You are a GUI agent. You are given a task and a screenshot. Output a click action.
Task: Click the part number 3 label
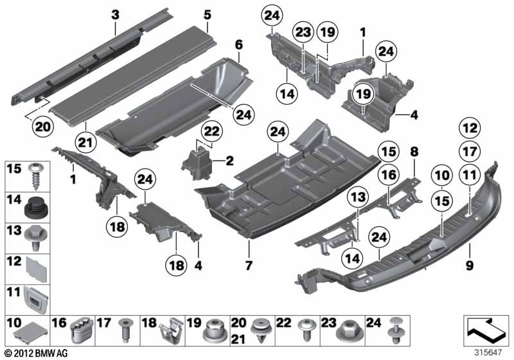coord(115,14)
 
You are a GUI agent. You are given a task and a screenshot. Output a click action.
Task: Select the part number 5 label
coord(207,14)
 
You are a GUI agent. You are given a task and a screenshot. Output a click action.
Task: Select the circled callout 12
coord(470,129)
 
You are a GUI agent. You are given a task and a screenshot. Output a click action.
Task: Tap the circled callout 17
coord(470,152)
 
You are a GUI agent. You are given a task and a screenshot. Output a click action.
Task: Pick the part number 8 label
coord(414,152)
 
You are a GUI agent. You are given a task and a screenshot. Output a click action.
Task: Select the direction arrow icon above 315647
coord(486,331)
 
